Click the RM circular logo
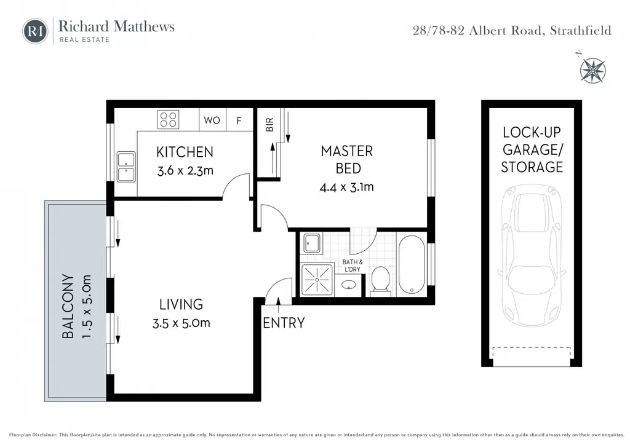35,31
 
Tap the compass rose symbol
592,70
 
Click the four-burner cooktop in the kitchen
169,119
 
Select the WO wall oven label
212,120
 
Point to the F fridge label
239,120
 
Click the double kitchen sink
126,167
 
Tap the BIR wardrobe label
269,124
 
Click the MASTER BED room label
347,160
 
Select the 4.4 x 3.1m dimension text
347,187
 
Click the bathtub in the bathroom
412,265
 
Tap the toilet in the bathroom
380,281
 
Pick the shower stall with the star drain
317,279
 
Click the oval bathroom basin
348,285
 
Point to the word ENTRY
284,323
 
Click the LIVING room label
181,305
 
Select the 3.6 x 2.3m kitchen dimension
185,170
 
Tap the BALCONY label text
68,306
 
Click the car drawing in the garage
532,256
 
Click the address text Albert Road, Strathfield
540,31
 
